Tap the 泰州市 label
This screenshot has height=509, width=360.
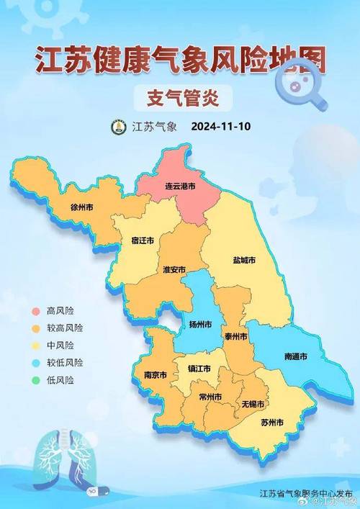235,336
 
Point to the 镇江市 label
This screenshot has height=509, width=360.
200,369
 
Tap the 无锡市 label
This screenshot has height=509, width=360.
253,404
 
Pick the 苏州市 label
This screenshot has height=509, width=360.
271,420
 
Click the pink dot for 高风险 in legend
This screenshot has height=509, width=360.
35,311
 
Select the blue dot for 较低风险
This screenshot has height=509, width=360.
35,362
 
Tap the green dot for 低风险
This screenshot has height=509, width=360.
35,379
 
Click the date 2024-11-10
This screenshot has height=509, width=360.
221,126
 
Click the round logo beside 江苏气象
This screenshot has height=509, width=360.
117,127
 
